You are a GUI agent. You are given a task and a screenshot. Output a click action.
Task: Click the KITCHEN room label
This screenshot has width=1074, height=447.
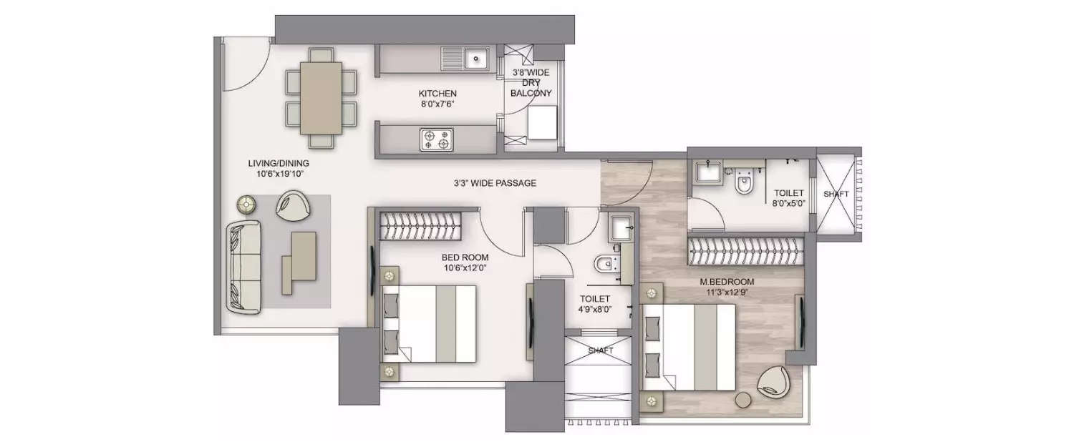click(x=437, y=94)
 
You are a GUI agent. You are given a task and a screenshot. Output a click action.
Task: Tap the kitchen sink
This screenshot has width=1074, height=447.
click(x=475, y=57)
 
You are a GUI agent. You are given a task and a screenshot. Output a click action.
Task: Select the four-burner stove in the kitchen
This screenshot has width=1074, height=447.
click(x=436, y=139)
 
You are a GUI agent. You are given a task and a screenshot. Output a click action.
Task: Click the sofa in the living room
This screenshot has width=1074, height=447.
click(x=243, y=266)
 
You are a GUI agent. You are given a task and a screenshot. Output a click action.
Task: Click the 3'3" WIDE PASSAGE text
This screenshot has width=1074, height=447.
click(x=495, y=183)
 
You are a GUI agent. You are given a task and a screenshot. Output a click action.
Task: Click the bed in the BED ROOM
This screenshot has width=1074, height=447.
click(x=430, y=323)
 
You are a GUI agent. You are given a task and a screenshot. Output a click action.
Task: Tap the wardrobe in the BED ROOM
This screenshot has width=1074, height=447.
click(x=421, y=227)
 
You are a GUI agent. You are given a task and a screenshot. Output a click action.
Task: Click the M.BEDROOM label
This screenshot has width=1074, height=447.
click(x=727, y=282)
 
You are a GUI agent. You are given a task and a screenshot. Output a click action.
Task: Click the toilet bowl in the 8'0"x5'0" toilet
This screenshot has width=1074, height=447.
click(x=745, y=183)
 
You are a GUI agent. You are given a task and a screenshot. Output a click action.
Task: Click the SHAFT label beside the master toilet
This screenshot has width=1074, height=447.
click(x=836, y=193)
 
